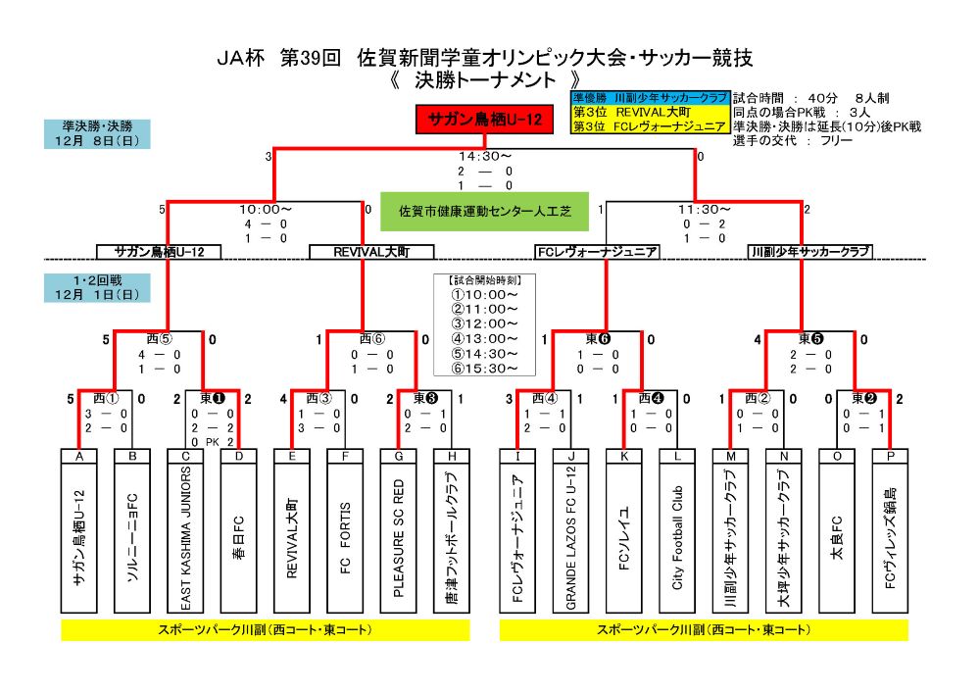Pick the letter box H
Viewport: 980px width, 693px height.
[451, 456]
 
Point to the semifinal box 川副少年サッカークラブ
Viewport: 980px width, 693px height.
[809, 252]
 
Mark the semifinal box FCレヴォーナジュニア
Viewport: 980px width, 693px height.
[597, 252]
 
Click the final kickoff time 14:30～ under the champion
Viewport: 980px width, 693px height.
[485, 156]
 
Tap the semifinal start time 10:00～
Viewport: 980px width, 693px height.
[266, 209]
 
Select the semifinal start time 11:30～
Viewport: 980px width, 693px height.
[704, 209]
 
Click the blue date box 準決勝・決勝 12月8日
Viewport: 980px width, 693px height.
[96, 133]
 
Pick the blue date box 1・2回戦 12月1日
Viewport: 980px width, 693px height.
[96, 287]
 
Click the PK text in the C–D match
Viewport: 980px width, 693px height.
[213, 442]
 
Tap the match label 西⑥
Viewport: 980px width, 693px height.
[372, 340]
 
